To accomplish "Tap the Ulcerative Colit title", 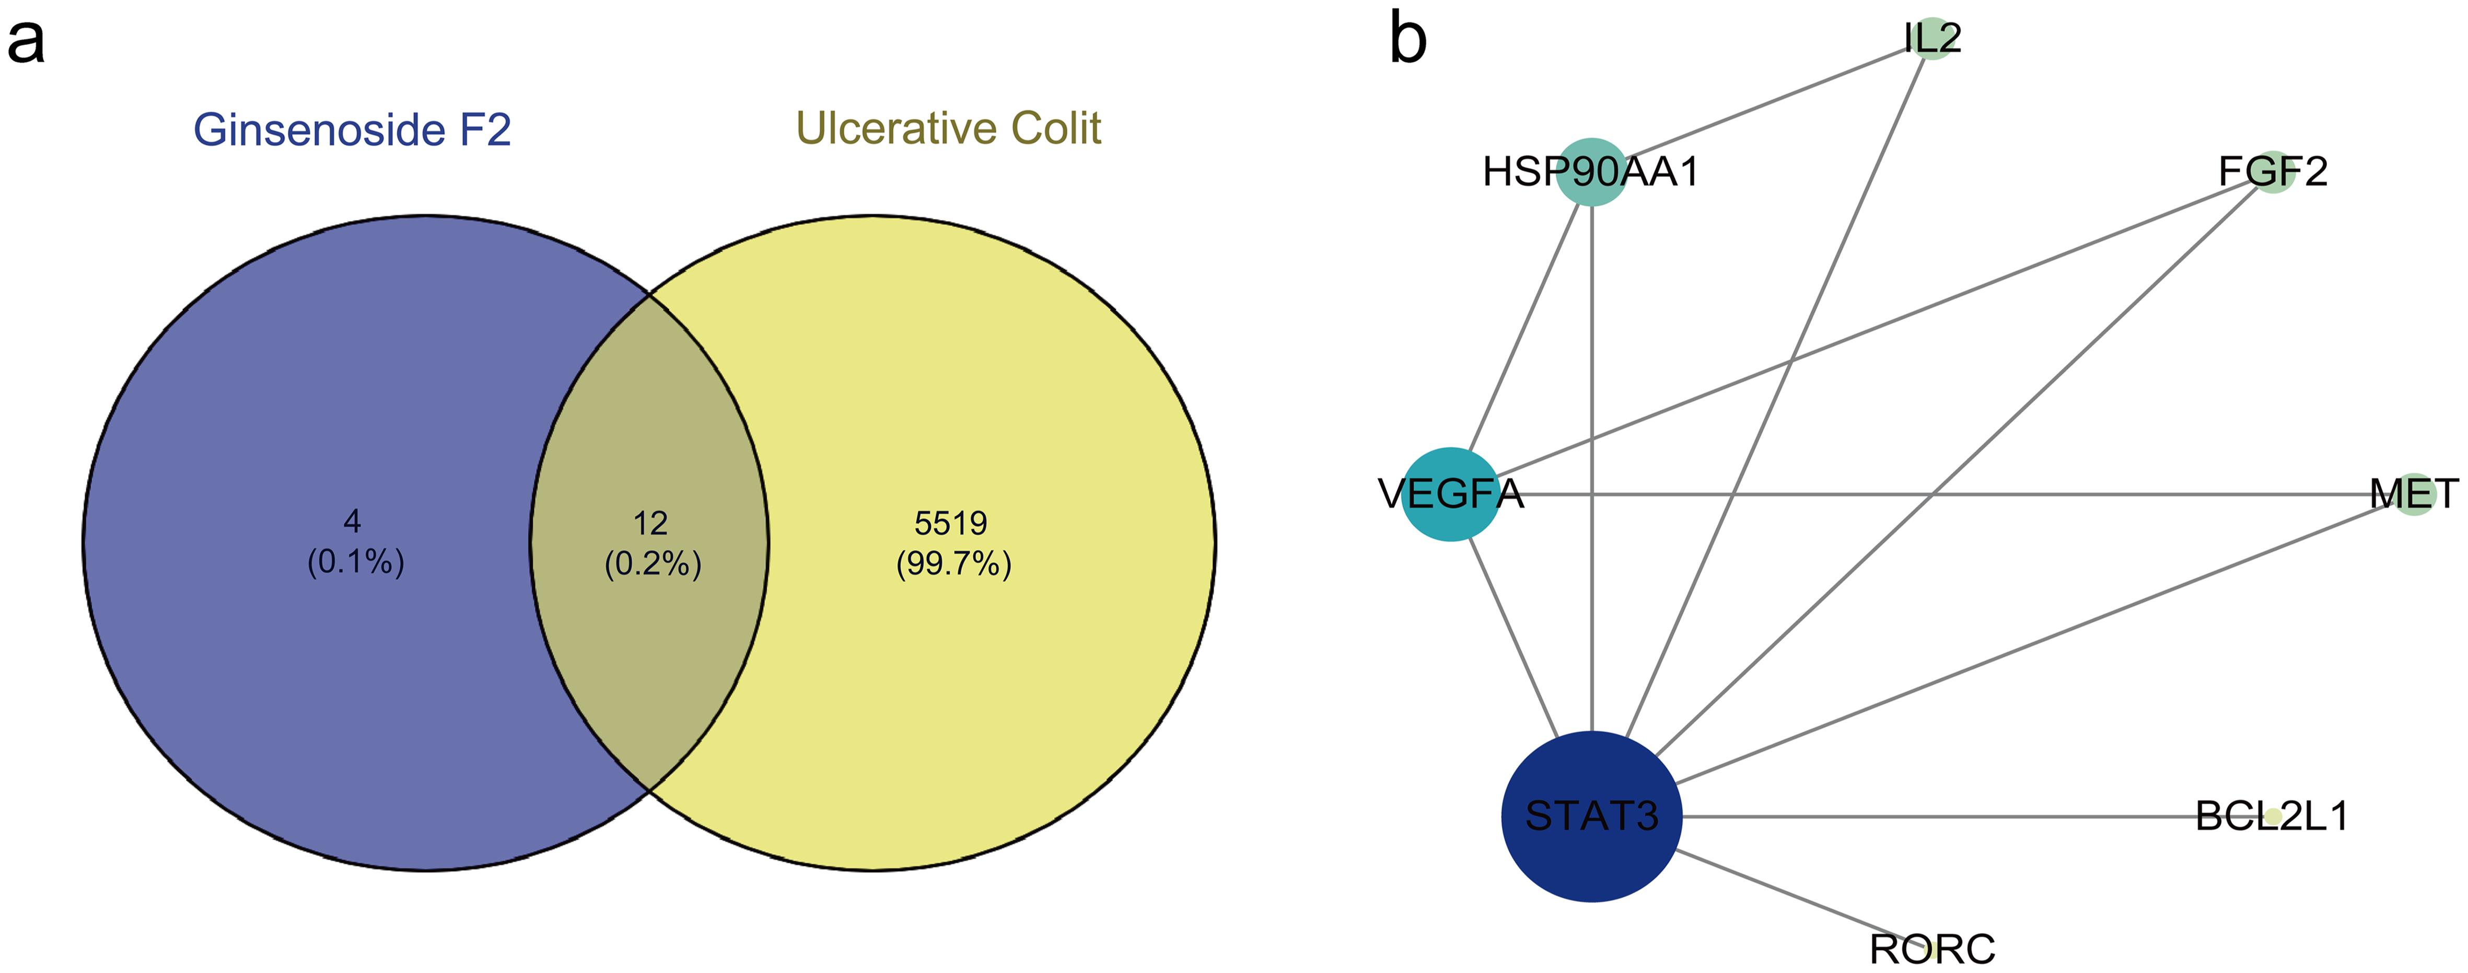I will pos(949,129).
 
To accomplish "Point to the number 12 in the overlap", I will pos(650,524).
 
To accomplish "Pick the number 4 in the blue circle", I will pos(353,522).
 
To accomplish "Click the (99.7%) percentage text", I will pos(953,564).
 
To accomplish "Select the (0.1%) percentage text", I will pos(355,562).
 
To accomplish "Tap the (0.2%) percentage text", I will pos(653,564).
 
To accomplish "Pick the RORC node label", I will pos(1931,949).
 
